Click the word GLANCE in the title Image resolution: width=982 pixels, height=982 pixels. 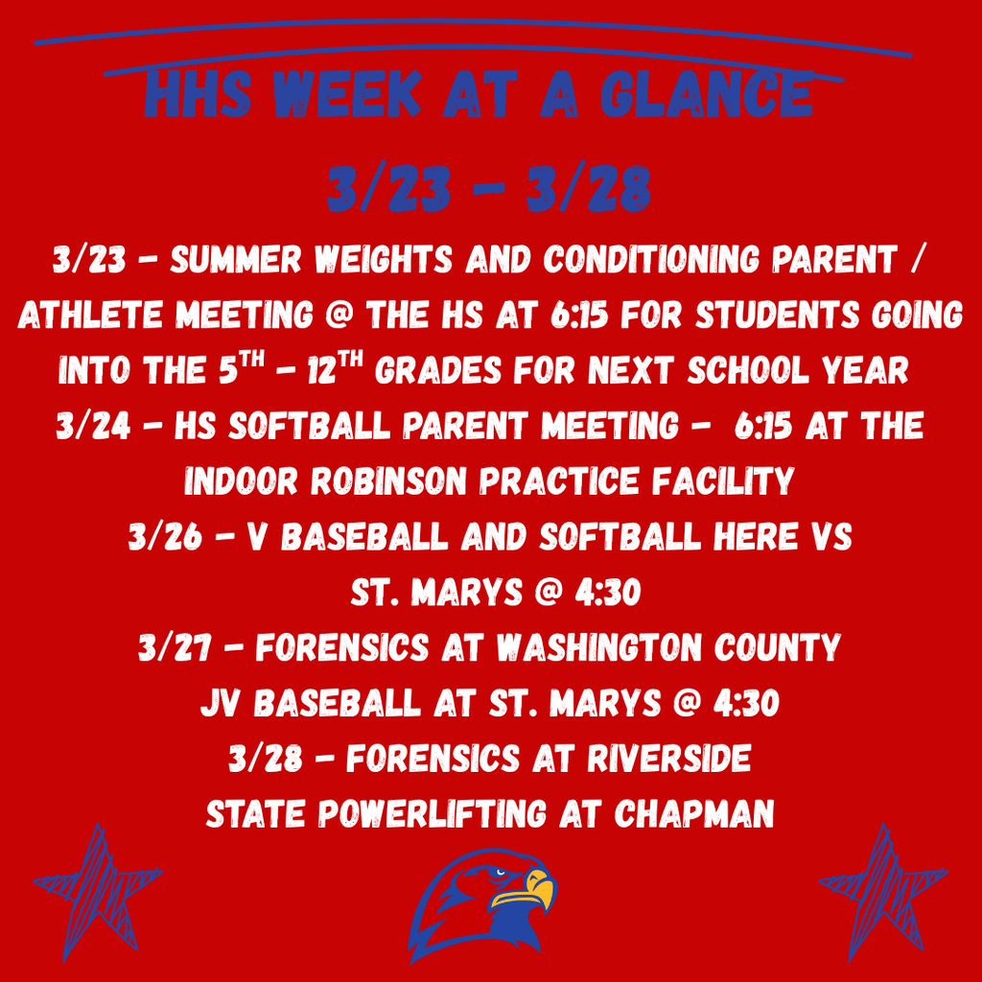pos(707,94)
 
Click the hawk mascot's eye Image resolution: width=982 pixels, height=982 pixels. pos(499,872)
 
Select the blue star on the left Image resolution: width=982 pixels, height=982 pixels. pos(98,889)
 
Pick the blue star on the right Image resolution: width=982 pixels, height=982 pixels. pos(883,889)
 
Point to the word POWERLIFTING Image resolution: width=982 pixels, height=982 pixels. pos(433,813)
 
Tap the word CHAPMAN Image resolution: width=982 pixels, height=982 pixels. pos(694,813)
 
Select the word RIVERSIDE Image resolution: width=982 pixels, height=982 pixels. pos(668,759)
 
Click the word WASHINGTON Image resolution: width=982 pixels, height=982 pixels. pos(599,647)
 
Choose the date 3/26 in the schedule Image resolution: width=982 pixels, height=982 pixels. pos(165,537)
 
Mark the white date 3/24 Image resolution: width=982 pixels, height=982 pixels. pos(93,426)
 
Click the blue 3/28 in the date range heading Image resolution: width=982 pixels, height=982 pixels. pos(588,188)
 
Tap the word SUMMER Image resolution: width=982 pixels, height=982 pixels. pos(236,259)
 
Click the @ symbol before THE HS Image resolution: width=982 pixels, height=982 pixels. pos(339,315)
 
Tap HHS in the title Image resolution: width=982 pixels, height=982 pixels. pos(198,94)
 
